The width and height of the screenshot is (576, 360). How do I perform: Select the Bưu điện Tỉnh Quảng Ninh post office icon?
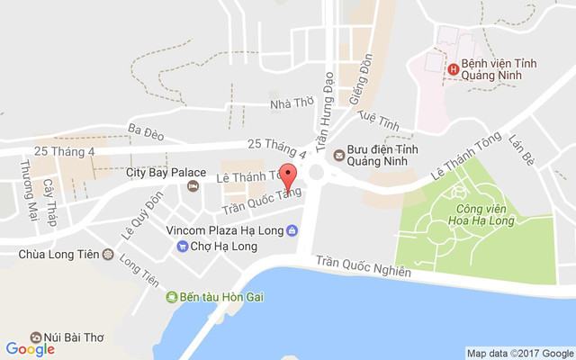[x=338, y=154]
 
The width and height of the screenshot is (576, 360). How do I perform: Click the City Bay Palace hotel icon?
[x=192, y=186]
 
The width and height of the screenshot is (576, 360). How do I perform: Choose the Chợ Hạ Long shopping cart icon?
[x=183, y=246]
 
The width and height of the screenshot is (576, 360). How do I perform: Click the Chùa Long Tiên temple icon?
[x=109, y=255]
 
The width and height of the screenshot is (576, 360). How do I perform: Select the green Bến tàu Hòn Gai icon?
[x=172, y=297]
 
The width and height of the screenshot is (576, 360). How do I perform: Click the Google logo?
[x=30, y=349]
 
